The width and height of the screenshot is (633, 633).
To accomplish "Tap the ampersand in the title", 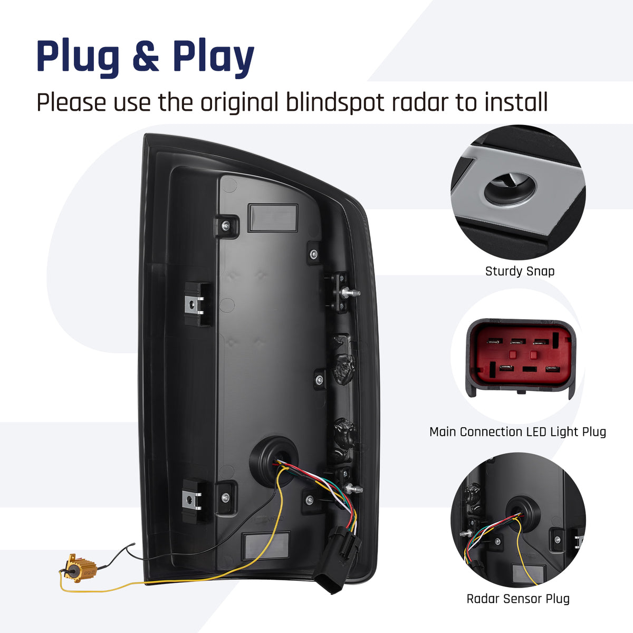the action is point(146,55).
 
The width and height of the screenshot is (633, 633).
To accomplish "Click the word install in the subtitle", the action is point(516,102).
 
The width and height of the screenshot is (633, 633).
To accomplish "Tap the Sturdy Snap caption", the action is point(520,271).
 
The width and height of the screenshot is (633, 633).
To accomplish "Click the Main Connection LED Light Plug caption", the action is point(517,432).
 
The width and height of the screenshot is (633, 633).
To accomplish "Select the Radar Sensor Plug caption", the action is point(518,599).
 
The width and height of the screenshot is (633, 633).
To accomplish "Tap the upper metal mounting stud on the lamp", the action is point(351,292).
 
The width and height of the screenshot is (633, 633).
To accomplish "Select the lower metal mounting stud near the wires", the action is point(354,489).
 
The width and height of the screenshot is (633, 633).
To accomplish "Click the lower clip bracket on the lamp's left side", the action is point(195,500).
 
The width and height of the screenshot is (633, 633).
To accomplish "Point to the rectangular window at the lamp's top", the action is point(273,218).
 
